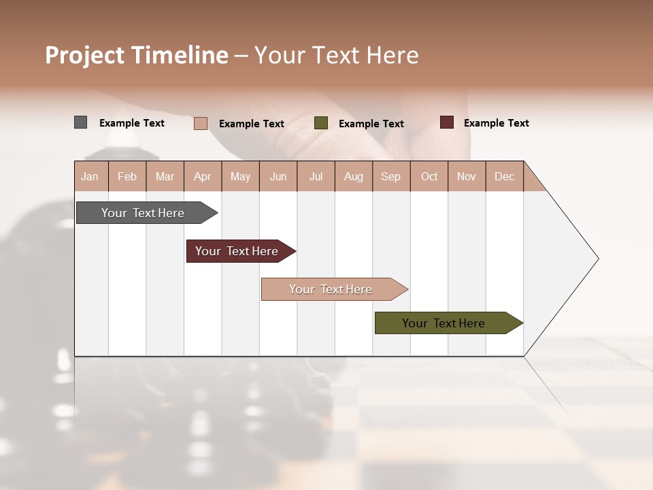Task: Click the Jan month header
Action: point(90,176)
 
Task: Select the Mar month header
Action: point(165,176)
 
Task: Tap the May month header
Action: point(240,176)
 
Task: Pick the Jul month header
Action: point(316,176)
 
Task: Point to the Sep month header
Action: point(390,176)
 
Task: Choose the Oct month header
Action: point(429,176)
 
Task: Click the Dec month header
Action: point(504,176)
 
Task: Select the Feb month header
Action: point(127,176)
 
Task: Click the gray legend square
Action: point(80,122)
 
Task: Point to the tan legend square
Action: point(200,123)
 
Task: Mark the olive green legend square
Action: point(321,123)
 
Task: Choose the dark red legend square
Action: point(446,122)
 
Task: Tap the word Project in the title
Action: point(84,55)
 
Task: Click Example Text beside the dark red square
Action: point(496,123)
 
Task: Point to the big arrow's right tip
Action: point(597,259)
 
